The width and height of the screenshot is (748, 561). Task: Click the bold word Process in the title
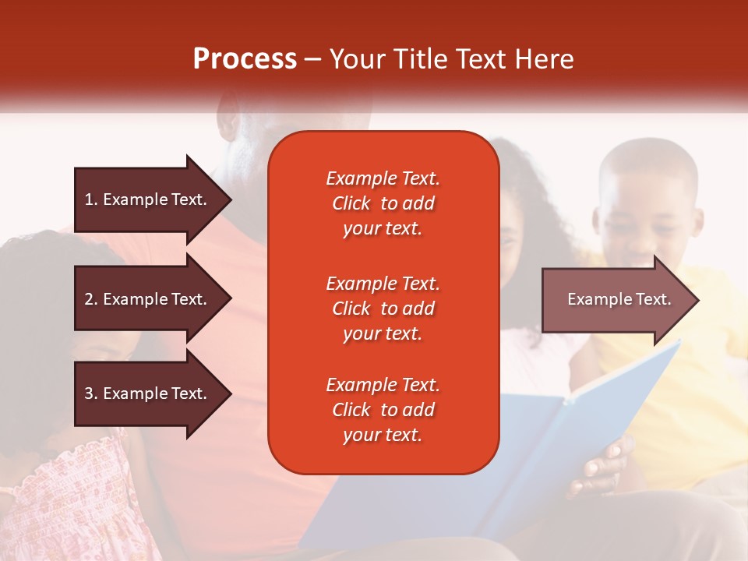click(x=245, y=59)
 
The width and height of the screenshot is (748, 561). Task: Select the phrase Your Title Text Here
click(x=452, y=59)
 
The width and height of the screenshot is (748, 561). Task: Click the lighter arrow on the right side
click(x=616, y=300)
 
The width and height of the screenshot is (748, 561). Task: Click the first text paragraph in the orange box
click(x=383, y=203)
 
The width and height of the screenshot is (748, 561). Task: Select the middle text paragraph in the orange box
click(x=383, y=309)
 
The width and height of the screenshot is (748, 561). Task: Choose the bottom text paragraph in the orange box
click(x=383, y=410)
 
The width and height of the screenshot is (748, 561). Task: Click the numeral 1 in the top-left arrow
click(x=88, y=199)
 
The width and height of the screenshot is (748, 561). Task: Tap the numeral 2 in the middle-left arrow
click(x=88, y=299)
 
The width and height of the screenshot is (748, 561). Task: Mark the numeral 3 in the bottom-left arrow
click(x=88, y=393)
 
